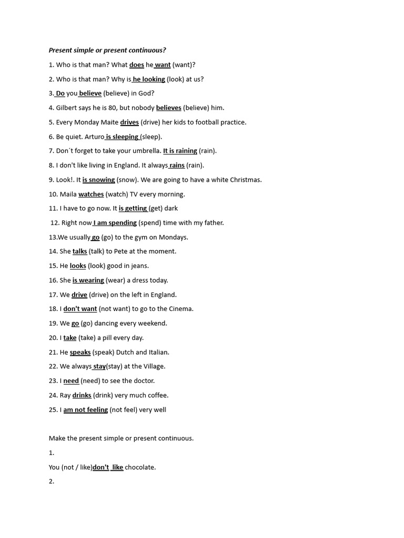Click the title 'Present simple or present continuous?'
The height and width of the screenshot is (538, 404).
point(107,50)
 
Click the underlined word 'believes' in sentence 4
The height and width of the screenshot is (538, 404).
point(168,108)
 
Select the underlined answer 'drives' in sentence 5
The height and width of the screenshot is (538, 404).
point(129,122)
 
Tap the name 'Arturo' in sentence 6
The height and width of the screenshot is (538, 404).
point(94,137)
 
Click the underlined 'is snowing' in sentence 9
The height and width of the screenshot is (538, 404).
point(98,180)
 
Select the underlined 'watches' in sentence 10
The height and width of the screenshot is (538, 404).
point(91,194)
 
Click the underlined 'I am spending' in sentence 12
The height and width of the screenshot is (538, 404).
point(115,223)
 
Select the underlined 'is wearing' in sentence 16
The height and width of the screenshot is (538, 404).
point(88,280)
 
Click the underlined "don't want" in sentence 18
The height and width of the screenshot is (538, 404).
point(80,309)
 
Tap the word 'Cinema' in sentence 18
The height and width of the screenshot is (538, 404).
point(181,309)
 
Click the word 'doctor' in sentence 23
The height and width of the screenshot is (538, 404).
point(144,381)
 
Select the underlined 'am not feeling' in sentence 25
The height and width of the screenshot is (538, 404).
point(85,410)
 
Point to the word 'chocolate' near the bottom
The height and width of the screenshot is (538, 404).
point(140,467)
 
